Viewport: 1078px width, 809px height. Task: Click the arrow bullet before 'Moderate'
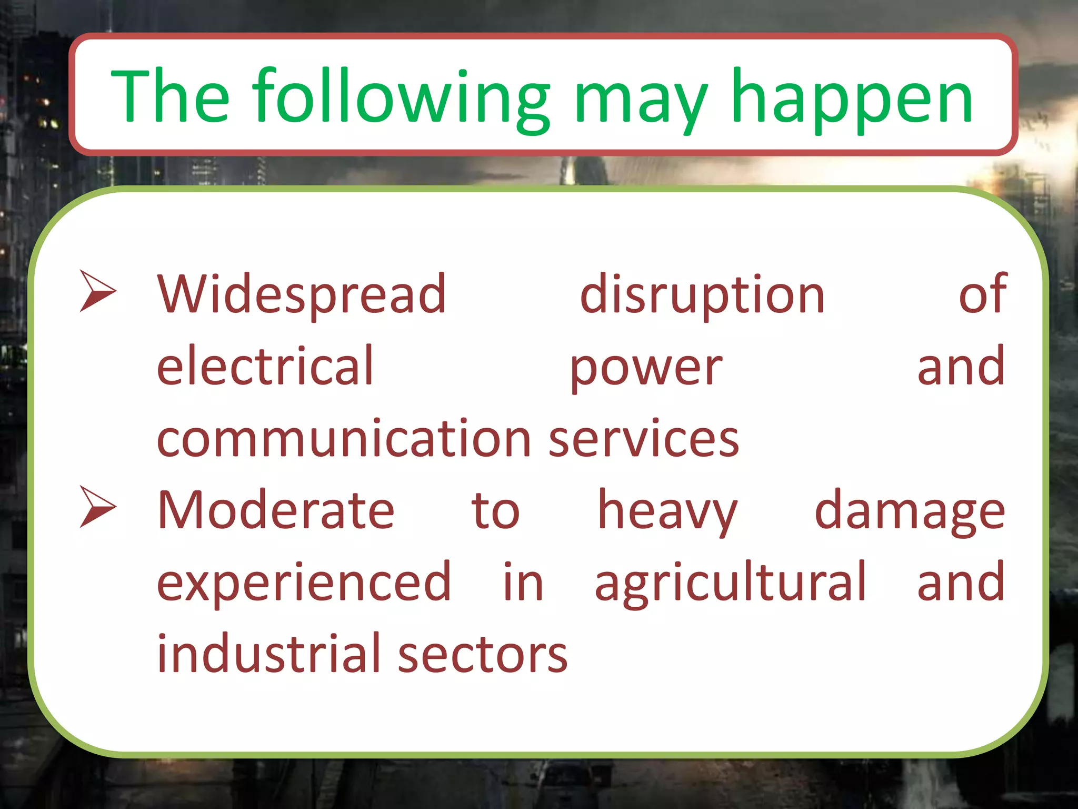(x=97, y=506)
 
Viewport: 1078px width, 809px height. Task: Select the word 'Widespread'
(x=302, y=294)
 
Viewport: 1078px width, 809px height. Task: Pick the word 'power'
(x=646, y=369)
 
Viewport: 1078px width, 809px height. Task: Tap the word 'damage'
(x=910, y=512)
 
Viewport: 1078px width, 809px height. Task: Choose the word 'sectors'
(x=483, y=655)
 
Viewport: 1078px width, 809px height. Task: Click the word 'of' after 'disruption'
(x=982, y=294)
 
